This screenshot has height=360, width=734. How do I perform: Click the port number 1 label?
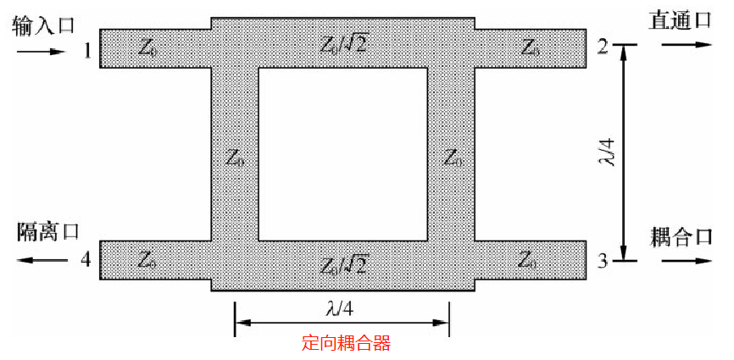pos(86,50)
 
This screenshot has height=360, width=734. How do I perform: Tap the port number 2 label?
pos(602,47)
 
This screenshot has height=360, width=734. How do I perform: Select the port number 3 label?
pos(602,262)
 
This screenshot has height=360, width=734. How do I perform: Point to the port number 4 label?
pos(86,259)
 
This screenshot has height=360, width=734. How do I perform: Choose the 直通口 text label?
pos(680,20)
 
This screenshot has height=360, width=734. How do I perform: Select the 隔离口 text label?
pos(47,230)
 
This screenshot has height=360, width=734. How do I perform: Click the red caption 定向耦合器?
pos(347,344)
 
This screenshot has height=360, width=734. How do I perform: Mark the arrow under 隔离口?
pos(40,259)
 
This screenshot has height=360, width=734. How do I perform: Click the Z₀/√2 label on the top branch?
pos(342,45)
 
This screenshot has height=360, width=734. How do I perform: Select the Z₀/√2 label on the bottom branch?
pos(342,264)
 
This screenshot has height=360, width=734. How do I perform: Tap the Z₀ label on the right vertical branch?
pos(453,158)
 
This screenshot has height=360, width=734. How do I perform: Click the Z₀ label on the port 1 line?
pos(147,48)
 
